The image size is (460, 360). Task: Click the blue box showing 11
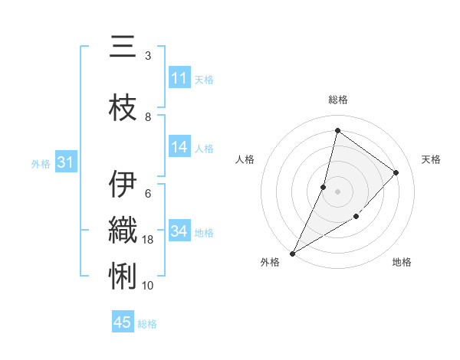[179, 78]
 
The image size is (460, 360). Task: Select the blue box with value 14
[179, 148]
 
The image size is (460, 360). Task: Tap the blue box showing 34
[179, 231]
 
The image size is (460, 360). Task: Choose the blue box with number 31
[64, 162]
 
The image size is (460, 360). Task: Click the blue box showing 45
[123, 322]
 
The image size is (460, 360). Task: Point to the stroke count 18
[148, 240]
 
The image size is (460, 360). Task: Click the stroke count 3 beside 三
[148, 56]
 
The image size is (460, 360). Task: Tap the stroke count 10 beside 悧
[148, 285]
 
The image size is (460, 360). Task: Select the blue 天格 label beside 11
[204, 79]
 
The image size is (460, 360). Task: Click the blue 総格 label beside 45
[147, 323]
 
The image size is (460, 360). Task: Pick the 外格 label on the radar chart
[270, 262]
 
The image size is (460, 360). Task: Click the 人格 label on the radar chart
[245, 159]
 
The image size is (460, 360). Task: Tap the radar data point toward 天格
[396, 172]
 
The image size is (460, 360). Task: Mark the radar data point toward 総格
[337, 131]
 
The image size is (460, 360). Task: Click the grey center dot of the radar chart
[337, 191]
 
